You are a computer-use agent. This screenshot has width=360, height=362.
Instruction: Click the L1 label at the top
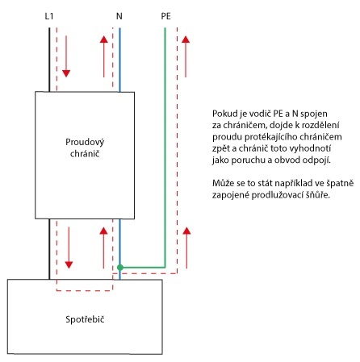(x=49, y=16)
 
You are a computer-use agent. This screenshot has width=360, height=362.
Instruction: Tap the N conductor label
(x=119, y=16)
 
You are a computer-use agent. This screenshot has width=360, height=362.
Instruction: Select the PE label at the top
(x=165, y=16)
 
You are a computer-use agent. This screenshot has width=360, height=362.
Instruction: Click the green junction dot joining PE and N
(x=120, y=268)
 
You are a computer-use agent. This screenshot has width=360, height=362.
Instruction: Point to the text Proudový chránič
(x=85, y=148)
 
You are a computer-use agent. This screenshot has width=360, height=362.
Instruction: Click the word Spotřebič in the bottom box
(x=85, y=319)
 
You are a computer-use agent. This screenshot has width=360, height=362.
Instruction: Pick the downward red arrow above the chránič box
(x=66, y=56)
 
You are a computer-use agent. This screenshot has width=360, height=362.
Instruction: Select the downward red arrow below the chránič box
(x=69, y=248)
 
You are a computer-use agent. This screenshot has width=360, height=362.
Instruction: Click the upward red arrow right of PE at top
(x=186, y=56)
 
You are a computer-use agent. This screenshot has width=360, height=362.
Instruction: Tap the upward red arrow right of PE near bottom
(x=186, y=248)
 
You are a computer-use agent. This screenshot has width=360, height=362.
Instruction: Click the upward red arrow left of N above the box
(x=104, y=56)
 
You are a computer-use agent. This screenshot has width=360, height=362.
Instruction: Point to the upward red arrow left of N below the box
(x=104, y=248)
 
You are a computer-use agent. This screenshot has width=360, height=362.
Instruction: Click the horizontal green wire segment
(x=143, y=268)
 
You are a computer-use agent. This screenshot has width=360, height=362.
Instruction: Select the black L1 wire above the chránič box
(x=49, y=60)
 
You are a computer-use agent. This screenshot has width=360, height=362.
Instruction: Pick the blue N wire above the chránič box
(x=119, y=60)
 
